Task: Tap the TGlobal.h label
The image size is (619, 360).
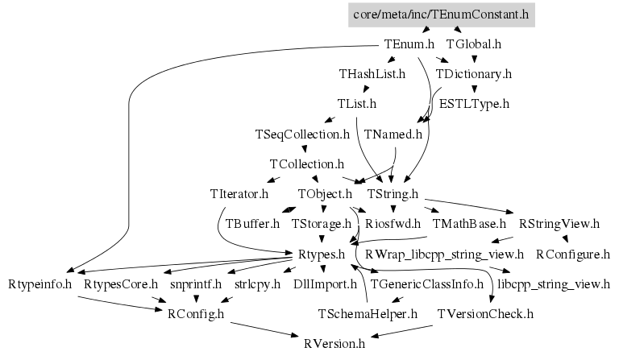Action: pos(474,44)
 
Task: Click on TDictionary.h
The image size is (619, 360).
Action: pos(473,74)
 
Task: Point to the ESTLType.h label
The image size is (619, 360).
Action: pos(474,104)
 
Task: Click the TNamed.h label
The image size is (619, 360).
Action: pos(393,134)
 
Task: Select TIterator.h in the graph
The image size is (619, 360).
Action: pos(238,194)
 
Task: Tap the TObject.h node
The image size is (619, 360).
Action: pos(325,194)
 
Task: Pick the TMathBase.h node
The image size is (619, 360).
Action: pos(469,224)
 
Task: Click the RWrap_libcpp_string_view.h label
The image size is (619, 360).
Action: pos(445,254)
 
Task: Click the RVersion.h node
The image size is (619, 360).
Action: pos(334,344)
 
